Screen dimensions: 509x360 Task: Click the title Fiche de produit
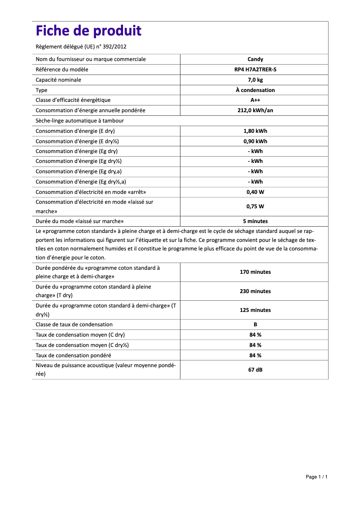click(x=88, y=31)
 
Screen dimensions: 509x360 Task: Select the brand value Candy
click(x=255, y=59)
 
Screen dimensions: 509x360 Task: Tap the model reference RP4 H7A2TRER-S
click(x=255, y=70)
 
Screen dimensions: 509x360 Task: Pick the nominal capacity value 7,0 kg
click(x=255, y=80)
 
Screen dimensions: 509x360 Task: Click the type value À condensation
click(x=255, y=90)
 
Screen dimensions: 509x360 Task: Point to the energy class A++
click(x=255, y=100)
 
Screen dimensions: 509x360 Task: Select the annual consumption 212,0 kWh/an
click(x=255, y=110)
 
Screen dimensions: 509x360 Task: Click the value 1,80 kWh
click(x=255, y=131)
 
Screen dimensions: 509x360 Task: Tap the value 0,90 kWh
click(x=255, y=141)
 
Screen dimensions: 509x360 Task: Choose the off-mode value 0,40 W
click(x=255, y=192)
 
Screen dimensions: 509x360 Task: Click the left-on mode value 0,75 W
click(x=255, y=206)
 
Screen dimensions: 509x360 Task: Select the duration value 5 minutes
click(x=255, y=221)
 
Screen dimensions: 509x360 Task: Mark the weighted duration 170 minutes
click(x=255, y=272)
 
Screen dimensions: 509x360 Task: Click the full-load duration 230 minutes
click(x=255, y=291)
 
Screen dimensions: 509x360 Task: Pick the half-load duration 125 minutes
click(x=255, y=310)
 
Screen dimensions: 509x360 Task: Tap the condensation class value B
click(x=255, y=325)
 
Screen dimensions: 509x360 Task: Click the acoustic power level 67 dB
click(x=255, y=370)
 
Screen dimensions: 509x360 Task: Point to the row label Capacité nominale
click(x=58, y=80)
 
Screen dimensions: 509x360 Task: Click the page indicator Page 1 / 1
click(x=316, y=477)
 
